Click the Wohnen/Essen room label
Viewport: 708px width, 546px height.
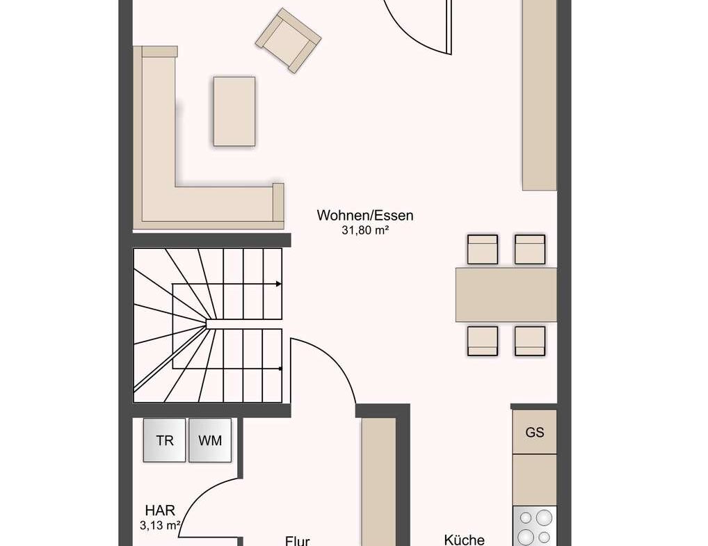(x=365, y=216)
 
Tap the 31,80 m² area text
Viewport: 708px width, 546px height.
(x=365, y=230)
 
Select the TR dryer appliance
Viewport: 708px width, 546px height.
(x=164, y=440)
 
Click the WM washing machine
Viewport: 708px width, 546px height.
(x=210, y=440)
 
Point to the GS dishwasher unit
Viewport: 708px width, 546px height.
(x=535, y=432)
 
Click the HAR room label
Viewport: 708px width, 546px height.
(x=160, y=511)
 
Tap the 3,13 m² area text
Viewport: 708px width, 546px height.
(x=160, y=525)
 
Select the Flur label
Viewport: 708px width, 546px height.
(x=297, y=540)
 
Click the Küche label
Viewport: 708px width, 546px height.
(x=464, y=540)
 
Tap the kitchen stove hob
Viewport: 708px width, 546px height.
(x=535, y=526)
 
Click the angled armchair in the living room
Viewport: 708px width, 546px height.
(x=288, y=40)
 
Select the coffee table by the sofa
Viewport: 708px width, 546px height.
(x=234, y=111)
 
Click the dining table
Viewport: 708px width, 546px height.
(x=506, y=295)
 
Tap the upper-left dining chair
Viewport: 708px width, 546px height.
(x=482, y=249)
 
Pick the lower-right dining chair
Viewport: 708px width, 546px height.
(x=530, y=341)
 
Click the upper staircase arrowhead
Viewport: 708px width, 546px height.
(x=279, y=284)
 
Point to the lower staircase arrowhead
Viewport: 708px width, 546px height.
(x=280, y=369)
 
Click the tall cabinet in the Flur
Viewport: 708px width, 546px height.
(x=379, y=482)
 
